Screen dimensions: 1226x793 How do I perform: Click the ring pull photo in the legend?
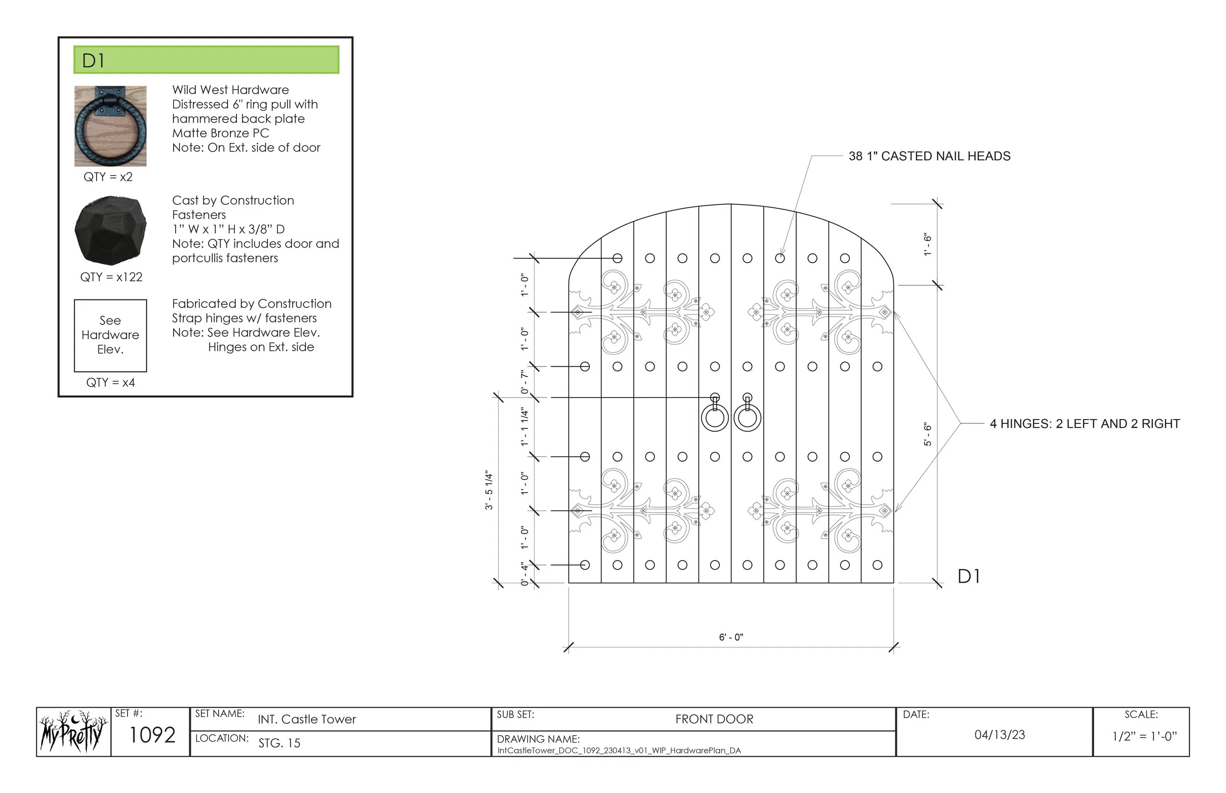pos(110,126)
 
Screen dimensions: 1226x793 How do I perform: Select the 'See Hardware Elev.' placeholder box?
pos(110,335)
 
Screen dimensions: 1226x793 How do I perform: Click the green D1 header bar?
pos(206,60)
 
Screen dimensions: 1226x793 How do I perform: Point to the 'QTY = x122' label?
pos(111,277)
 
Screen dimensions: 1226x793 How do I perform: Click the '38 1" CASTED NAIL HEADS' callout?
pos(929,156)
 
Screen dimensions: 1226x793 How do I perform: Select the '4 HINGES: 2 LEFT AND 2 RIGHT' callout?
pos(1084,424)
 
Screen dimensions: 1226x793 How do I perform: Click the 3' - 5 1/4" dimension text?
pos(489,490)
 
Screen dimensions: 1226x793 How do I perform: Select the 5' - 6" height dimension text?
pos(928,434)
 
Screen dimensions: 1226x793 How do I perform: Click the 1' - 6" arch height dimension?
pos(928,244)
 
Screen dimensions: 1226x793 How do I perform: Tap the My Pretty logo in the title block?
pos(74,732)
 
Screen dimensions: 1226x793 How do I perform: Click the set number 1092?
pos(152,735)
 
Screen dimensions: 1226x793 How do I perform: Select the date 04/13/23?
pos(999,735)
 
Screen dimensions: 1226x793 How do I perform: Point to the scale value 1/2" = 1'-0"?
pos(1144,736)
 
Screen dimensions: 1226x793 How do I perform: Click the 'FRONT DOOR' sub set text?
pos(714,719)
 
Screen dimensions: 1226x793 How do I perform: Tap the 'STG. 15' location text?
pos(279,743)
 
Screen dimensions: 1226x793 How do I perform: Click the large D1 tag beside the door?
pos(969,577)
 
